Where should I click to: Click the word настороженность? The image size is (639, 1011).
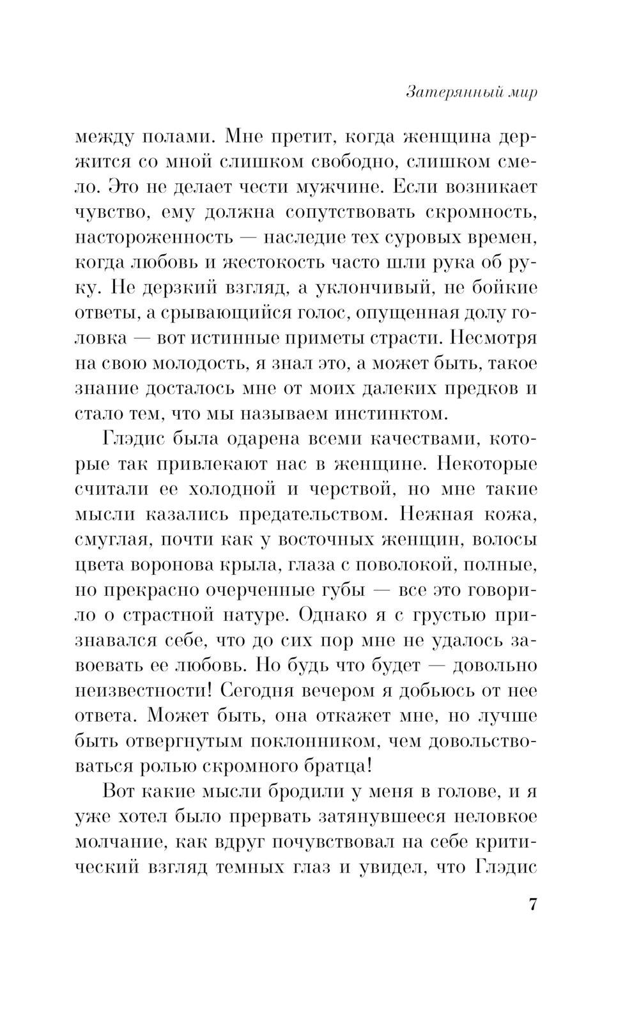pos(153,238)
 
